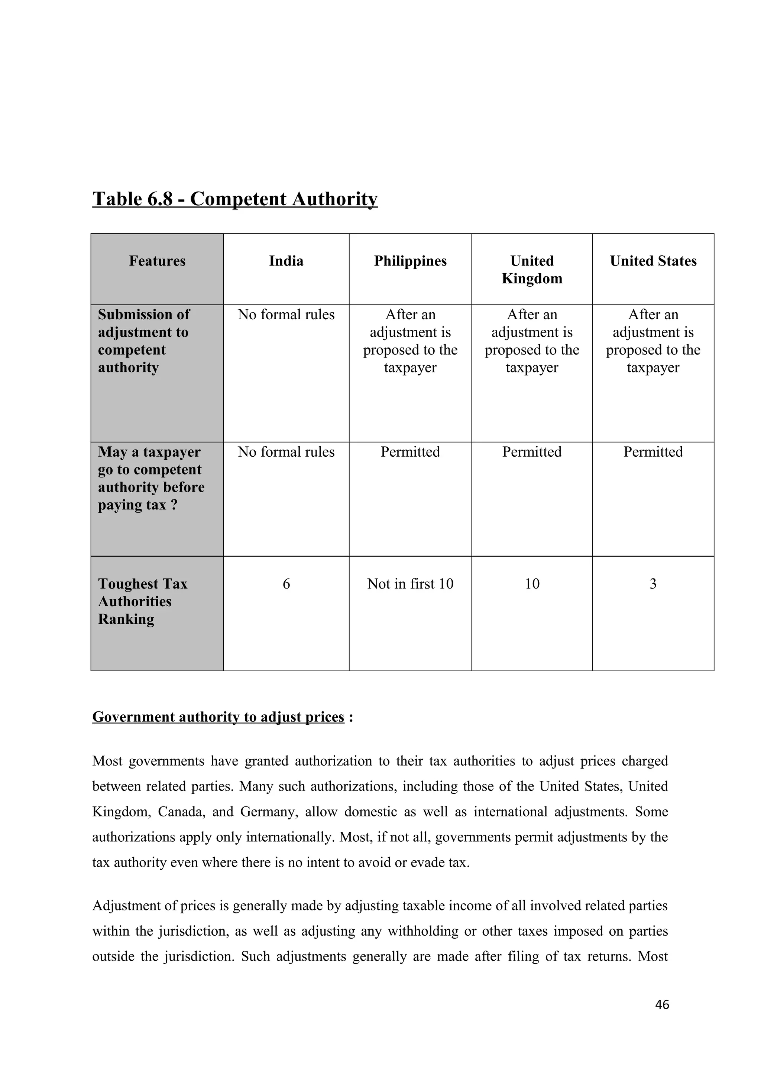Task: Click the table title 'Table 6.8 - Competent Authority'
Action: point(234,199)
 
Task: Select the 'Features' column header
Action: point(157,261)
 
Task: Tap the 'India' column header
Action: point(286,261)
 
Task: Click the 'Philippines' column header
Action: point(410,261)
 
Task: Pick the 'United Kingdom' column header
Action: point(532,270)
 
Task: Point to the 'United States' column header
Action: point(653,261)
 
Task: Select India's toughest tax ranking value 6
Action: point(286,584)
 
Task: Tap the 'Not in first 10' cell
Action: point(410,584)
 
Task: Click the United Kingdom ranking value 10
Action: point(532,584)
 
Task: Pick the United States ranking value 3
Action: point(653,584)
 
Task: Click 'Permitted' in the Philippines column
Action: point(410,452)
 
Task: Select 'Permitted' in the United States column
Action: point(653,452)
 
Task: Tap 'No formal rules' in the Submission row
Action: point(286,314)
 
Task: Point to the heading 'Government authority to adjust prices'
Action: point(218,730)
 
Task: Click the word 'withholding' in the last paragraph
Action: point(418,931)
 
